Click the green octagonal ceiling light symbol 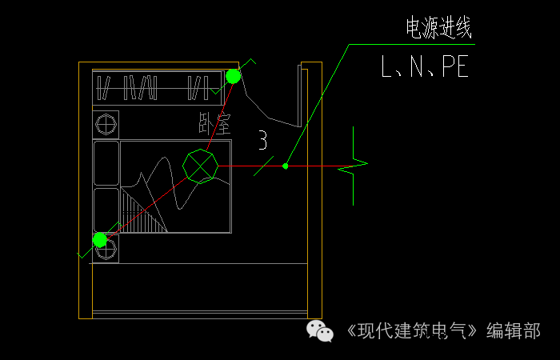[200, 166]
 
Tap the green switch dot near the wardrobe [233, 77]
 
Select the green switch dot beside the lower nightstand [100, 240]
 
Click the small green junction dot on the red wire [285, 166]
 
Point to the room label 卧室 [214, 123]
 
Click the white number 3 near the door [263, 140]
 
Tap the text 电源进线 [439, 28]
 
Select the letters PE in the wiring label [455, 66]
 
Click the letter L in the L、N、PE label [386, 66]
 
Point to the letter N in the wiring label [417, 66]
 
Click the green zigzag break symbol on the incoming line [353, 166]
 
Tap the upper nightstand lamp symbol [106, 124]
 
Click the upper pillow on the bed [106, 163]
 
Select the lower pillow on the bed [106, 210]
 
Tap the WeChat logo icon [320, 330]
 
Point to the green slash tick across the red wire [263, 166]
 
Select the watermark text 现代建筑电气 [412, 330]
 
